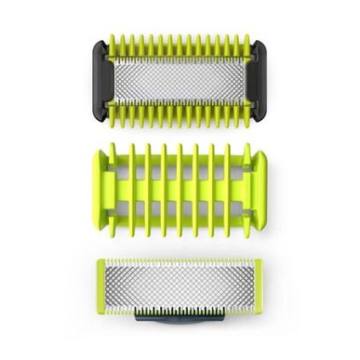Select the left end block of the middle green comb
(x=103, y=176)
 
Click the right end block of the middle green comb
(x=257, y=176)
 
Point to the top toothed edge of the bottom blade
(x=180, y=258)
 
